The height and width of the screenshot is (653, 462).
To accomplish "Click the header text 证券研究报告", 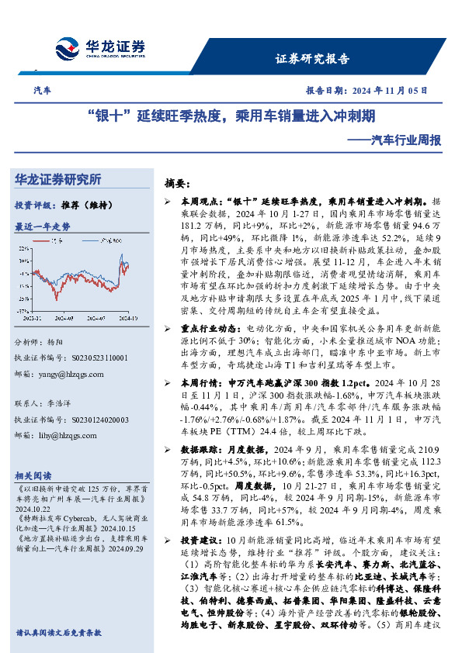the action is pyautogui.click(x=312, y=59).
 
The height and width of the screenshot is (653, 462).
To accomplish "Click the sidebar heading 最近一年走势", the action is pyautogui.click(x=43, y=227).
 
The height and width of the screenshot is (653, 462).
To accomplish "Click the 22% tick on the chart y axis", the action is pyautogui.click(x=25, y=248).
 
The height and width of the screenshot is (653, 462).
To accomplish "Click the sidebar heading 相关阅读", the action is pyautogui.click(x=33, y=475).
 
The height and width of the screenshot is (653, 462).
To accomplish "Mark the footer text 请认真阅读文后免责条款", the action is pyautogui.click(x=58, y=633).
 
